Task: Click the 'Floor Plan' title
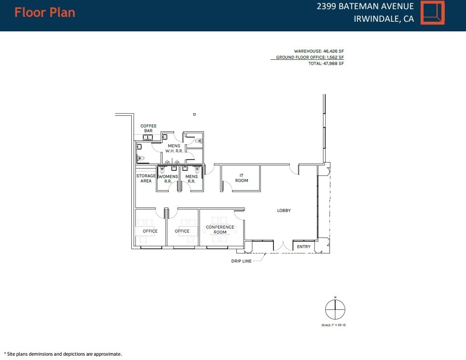tap(45, 12)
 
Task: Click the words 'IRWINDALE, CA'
tap(384, 19)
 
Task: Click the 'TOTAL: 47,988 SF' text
tap(326, 63)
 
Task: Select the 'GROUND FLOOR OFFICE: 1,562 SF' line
tap(309, 57)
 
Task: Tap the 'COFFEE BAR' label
tap(149, 128)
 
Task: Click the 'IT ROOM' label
tap(242, 178)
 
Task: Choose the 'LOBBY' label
tap(284, 210)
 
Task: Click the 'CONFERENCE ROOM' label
tap(220, 230)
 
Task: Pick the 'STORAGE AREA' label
tap(146, 179)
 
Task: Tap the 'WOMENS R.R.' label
tap(168, 179)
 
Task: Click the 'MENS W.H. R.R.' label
tap(174, 149)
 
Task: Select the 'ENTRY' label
tap(304, 247)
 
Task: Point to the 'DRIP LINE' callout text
tap(241, 261)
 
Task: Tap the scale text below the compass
tap(333, 325)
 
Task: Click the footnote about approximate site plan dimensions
tap(63, 354)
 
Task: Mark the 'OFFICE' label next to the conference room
tap(182, 231)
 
